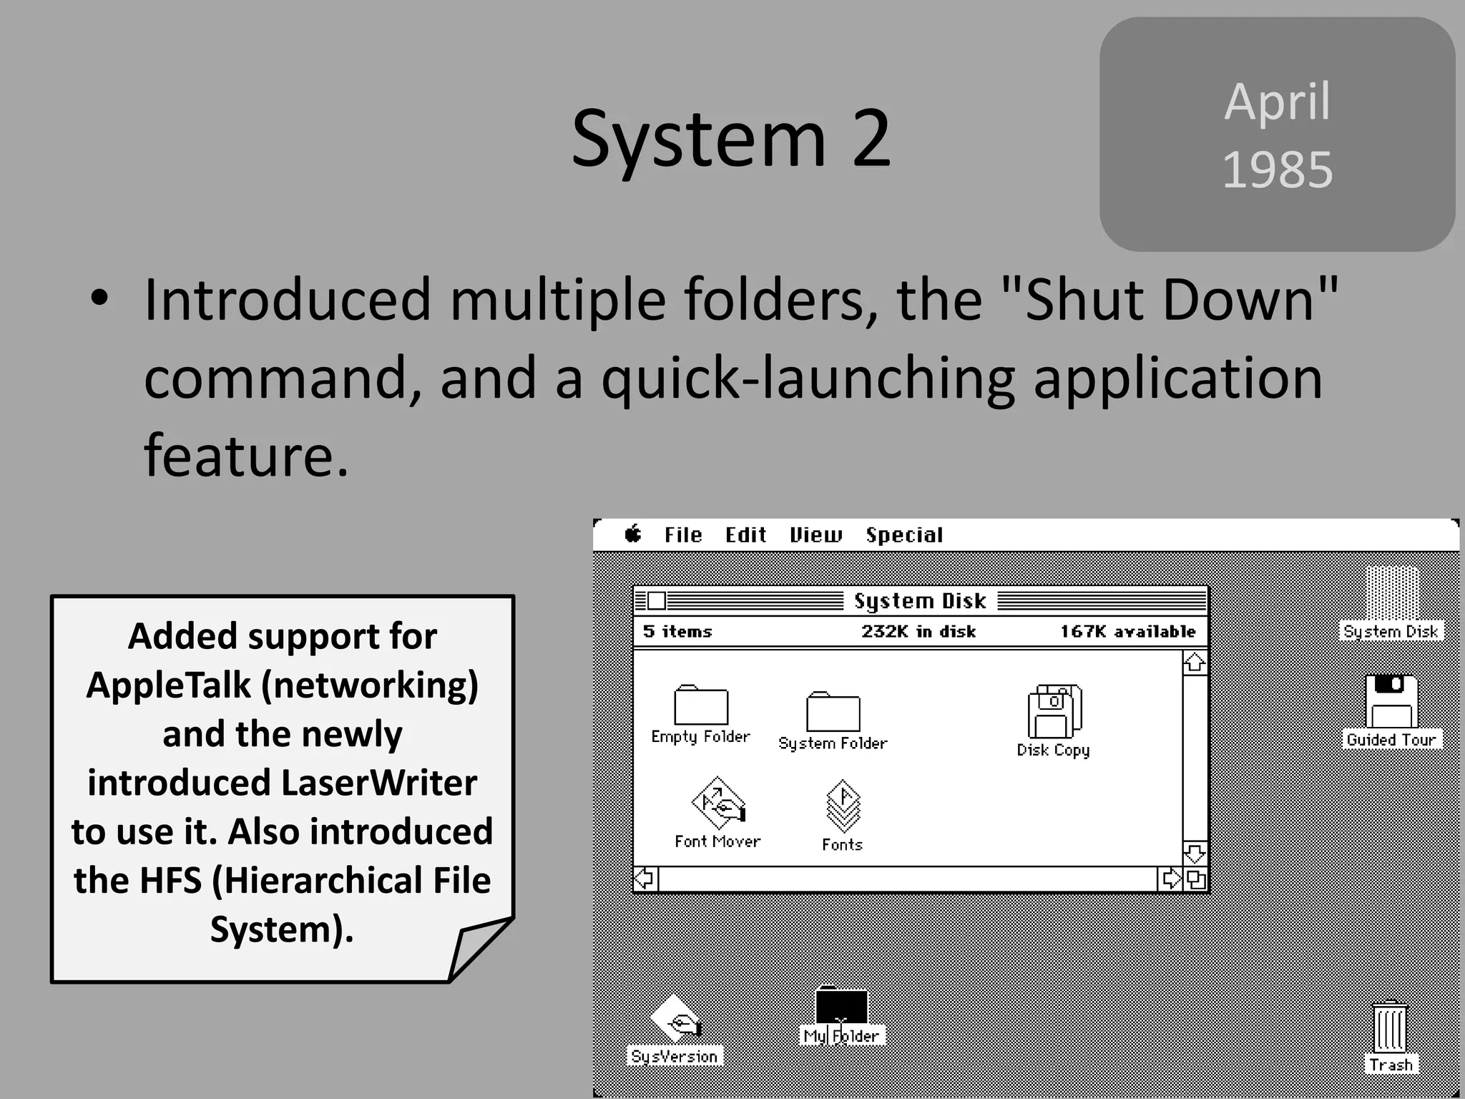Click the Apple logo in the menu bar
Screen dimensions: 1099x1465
click(x=633, y=534)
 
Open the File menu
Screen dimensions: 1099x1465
click(x=683, y=535)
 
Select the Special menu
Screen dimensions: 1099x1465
click(x=904, y=535)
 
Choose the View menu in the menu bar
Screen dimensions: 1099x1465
click(x=815, y=535)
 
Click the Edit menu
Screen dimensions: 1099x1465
click(x=745, y=535)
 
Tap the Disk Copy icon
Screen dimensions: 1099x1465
click(x=1054, y=711)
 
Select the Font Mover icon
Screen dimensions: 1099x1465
click(x=718, y=803)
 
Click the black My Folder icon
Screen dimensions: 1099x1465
click(x=842, y=1006)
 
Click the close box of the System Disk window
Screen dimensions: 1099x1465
click(x=656, y=600)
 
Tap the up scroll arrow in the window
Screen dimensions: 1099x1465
click(x=1195, y=663)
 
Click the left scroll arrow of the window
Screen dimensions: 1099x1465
click(x=645, y=879)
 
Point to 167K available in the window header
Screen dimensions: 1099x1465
click(x=1127, y=632)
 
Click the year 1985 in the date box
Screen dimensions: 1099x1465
click(x=1278, y=170)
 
